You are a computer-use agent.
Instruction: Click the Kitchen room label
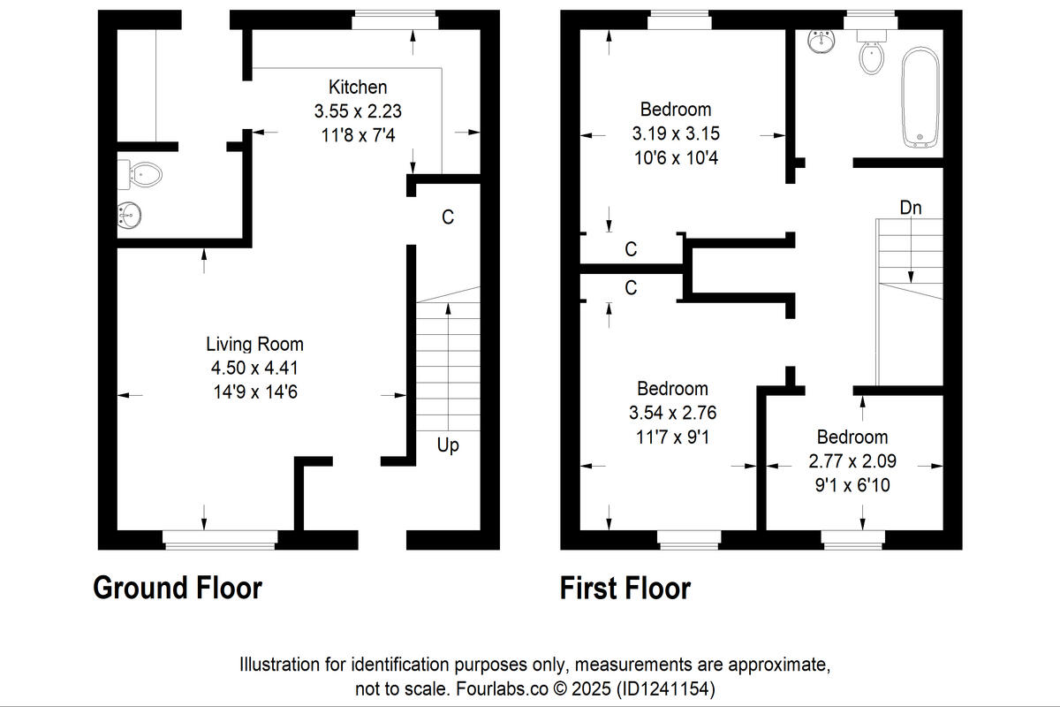coord(358,87)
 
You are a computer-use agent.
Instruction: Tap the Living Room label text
coord(254,344)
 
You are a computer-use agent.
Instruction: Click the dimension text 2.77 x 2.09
coord(852,461)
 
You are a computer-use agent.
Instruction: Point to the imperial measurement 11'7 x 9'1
coord(672,436)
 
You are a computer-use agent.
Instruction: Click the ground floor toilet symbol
coord(145,174)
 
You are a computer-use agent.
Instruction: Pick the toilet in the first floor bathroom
coord(872,55)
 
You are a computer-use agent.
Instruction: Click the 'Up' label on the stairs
coord(448,445)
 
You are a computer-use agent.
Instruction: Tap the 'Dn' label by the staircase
coord(911,209)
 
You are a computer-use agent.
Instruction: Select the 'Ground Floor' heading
coord(178,588)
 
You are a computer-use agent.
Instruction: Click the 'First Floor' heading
coord(625,588)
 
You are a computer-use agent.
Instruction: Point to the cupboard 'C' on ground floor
coord(448,217)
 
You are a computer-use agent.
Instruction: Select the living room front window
coord(220,538)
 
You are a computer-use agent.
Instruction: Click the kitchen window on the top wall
coord(395,19)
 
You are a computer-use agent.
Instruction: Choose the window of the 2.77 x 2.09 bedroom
coord(852,538)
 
